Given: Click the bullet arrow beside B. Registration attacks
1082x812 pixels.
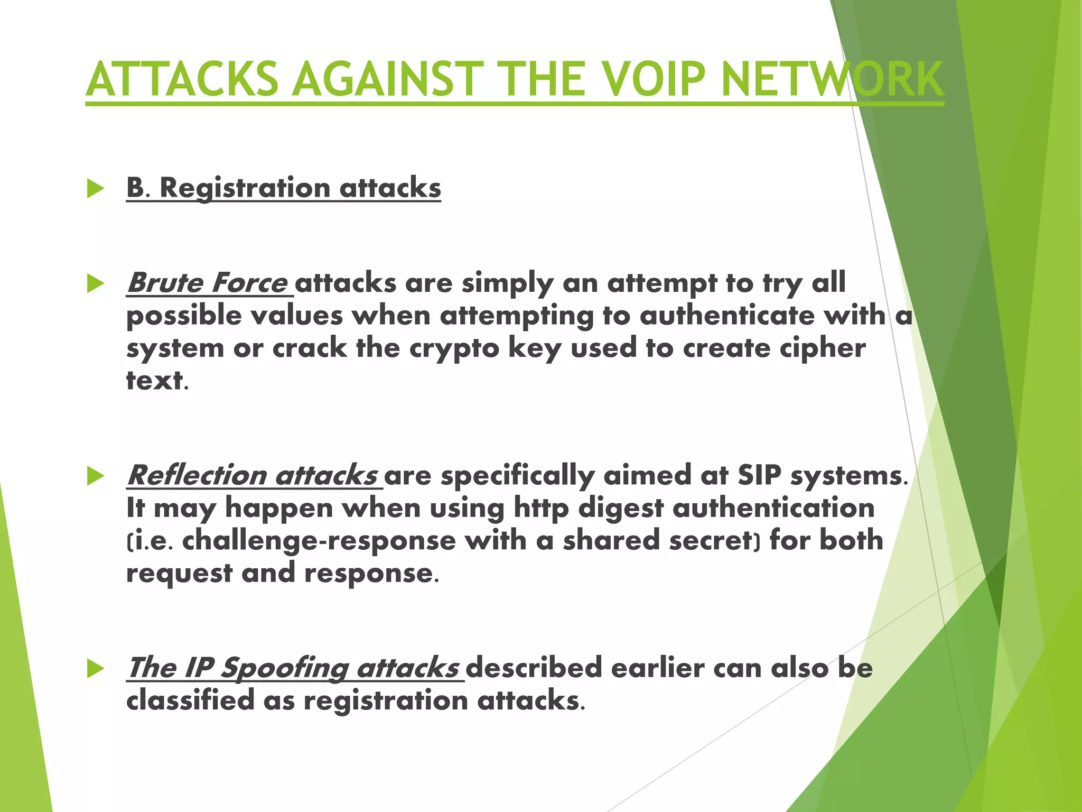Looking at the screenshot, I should point(96,189).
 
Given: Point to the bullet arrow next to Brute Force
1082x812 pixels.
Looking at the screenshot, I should point(96,284).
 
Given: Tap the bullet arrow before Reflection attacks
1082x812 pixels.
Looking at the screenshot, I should point(96,476).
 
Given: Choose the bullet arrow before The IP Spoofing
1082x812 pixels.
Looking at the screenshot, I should point(96,668).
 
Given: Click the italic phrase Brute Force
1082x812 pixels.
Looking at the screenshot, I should point(207,283).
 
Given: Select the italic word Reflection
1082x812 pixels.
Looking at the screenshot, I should point(197,475).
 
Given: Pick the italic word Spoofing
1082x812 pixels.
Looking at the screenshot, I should point(284,668).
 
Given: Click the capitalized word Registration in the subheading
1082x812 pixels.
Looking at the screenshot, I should point(245,189).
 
